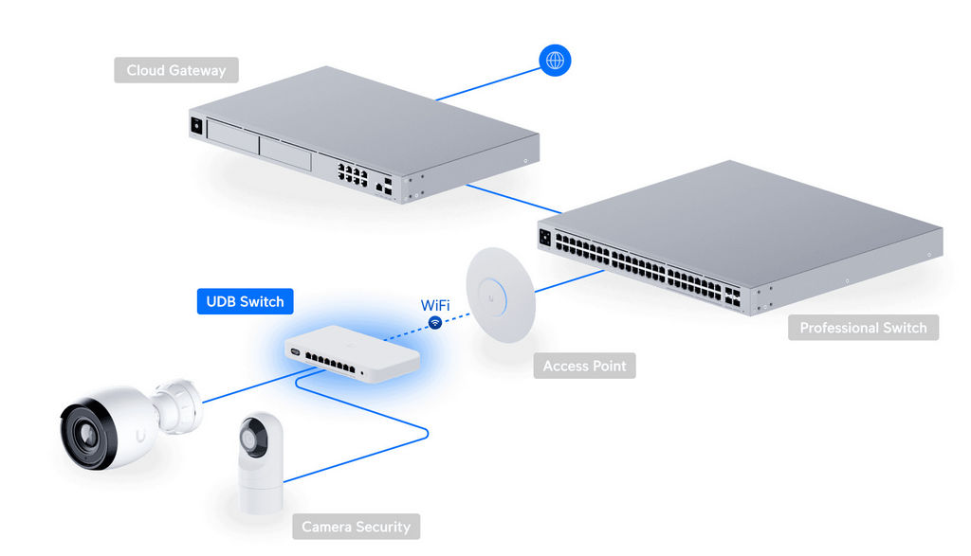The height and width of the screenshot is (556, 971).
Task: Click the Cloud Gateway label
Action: point(175,70)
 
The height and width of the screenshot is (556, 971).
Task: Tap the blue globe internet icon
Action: point(555,60)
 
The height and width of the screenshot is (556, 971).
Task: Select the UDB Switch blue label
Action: point(245,301)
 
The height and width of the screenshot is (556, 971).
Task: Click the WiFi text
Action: point(435,305)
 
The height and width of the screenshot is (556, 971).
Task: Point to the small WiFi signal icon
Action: point(435,323)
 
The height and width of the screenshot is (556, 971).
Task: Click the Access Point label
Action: point(584,365)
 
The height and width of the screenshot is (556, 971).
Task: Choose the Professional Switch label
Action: point(862,328)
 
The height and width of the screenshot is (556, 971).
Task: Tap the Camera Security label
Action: point(356,526)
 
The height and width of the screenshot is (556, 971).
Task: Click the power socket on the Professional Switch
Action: point(544,237)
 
